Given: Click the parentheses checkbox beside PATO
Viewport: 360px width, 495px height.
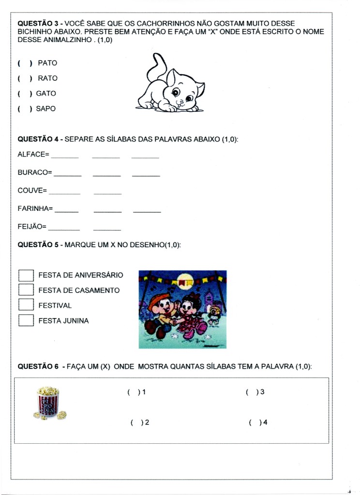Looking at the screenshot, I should click(x=25, y=63).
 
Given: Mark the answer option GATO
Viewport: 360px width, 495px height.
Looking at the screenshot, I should click(x=46, y=93).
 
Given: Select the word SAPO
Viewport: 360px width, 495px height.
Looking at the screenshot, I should click(x=46, y=109).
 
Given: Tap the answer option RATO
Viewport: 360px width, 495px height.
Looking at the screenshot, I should click(x=47, y=78).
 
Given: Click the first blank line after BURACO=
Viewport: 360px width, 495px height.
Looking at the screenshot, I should click(x=68, y=175).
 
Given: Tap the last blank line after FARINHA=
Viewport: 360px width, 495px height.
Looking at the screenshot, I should click(x=147, y=211).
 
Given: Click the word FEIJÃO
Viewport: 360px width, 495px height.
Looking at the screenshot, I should click(x=30, y=226).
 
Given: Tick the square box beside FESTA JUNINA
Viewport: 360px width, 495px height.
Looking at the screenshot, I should click(x=26, y=320).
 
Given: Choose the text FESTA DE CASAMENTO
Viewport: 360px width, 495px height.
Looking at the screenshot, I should click(x=79, y=291).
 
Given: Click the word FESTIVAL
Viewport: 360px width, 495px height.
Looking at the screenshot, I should click(x=55, y=306).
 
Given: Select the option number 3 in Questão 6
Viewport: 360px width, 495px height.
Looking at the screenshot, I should click(x=262, y=392).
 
